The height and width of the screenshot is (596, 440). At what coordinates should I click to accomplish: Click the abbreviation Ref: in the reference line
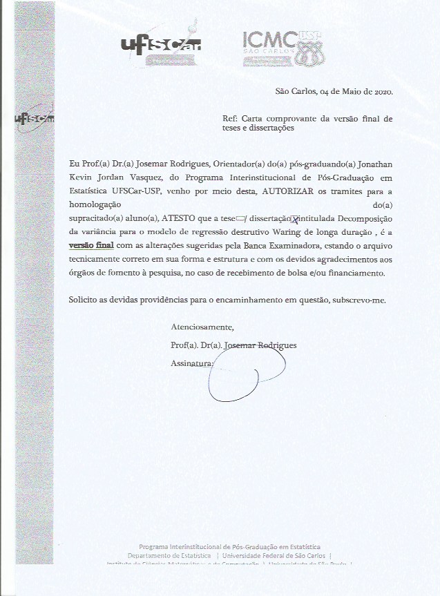[x=231, y=118]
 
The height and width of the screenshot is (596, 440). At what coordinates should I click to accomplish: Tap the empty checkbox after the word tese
[x=242, y=219]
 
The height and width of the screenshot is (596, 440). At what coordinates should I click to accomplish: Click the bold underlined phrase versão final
[x=90, y=245]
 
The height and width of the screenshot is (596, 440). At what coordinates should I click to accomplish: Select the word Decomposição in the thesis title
[x=360, y=218]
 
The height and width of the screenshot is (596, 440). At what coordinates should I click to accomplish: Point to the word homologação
[x=95, y=204]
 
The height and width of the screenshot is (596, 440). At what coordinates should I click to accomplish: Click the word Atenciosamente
[x=202, y=327]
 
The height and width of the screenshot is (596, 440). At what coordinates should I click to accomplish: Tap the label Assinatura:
[x=192, y=363]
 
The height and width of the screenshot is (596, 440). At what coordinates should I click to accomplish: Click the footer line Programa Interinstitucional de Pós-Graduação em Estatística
[x=229, y=546]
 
